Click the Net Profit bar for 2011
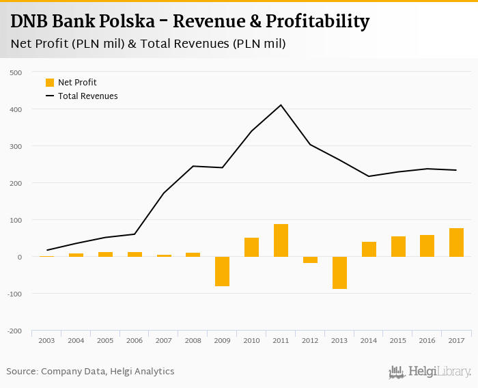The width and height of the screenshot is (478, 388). [281, 240]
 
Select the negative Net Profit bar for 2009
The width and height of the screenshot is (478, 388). [222, 271]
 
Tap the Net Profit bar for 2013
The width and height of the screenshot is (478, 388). [339, 273]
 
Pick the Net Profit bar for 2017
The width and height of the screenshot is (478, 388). [456, 242]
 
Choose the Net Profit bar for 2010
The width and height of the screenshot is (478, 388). [251, 247]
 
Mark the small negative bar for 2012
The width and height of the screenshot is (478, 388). [310, 260]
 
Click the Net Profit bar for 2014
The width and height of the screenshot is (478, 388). [369, 249]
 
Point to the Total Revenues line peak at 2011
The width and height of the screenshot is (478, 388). [281, 105]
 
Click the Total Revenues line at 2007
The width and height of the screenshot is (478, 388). [164, 193]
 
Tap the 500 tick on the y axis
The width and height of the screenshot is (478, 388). [16, 72]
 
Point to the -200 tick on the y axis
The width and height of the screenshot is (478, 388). [15, 331]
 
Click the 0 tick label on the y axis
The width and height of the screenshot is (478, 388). [20, 257]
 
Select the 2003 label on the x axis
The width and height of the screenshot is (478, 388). [47, 340]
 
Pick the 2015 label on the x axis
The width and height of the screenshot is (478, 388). [398, 340]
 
